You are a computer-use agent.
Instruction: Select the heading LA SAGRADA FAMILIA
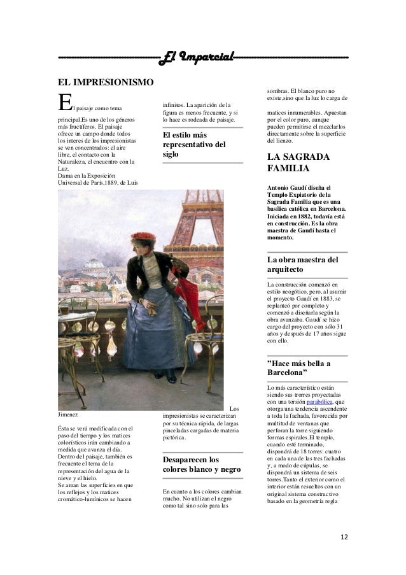click(298, 163)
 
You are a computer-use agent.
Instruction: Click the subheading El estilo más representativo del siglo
click(192, 145)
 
